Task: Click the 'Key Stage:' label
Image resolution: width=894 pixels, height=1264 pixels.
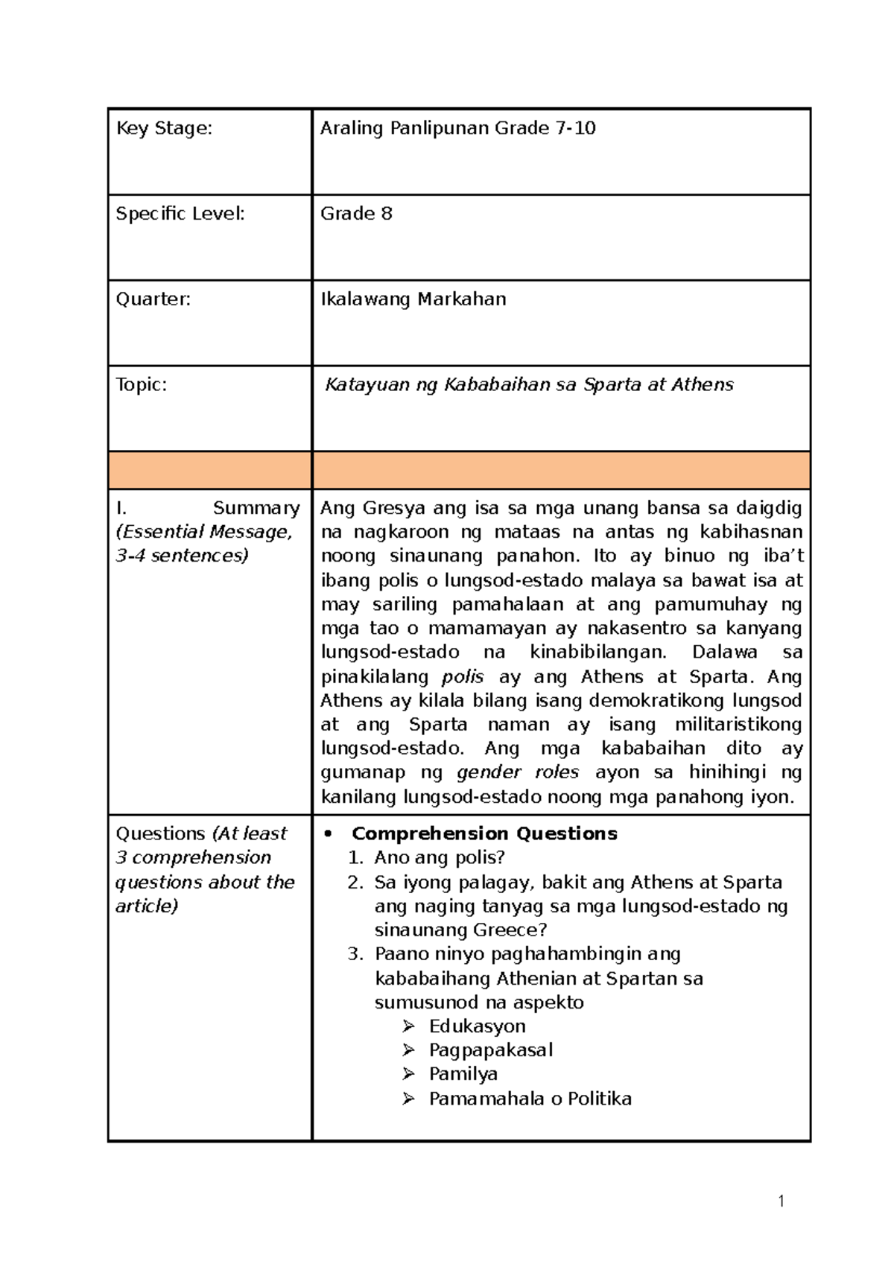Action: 164,128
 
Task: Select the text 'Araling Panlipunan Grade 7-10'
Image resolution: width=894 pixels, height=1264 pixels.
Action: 457,128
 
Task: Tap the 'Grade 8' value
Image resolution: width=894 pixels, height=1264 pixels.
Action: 356,214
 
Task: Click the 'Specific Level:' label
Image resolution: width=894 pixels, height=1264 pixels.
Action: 180,214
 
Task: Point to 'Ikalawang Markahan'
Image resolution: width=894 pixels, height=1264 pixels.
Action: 413,299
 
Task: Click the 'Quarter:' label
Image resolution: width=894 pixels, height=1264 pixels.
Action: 153,299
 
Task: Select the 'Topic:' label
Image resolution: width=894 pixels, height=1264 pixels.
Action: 141,384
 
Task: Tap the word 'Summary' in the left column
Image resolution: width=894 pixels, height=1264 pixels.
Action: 256,508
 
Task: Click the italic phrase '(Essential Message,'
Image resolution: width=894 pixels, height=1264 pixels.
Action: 203,532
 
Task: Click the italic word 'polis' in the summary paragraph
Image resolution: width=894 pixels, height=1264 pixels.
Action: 462,676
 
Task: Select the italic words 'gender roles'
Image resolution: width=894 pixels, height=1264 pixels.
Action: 517,772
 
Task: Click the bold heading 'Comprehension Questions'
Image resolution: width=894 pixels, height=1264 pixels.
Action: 484,833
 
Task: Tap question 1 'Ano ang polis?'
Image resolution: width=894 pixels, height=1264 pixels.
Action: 440,858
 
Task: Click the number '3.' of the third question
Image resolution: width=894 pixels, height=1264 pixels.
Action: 355,954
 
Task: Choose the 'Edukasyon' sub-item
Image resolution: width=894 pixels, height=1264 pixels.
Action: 477,1026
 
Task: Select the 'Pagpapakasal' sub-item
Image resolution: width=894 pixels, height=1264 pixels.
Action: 490,1050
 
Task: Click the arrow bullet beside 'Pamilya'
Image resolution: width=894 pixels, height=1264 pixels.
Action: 408,1074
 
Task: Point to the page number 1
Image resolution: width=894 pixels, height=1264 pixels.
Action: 780,1201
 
